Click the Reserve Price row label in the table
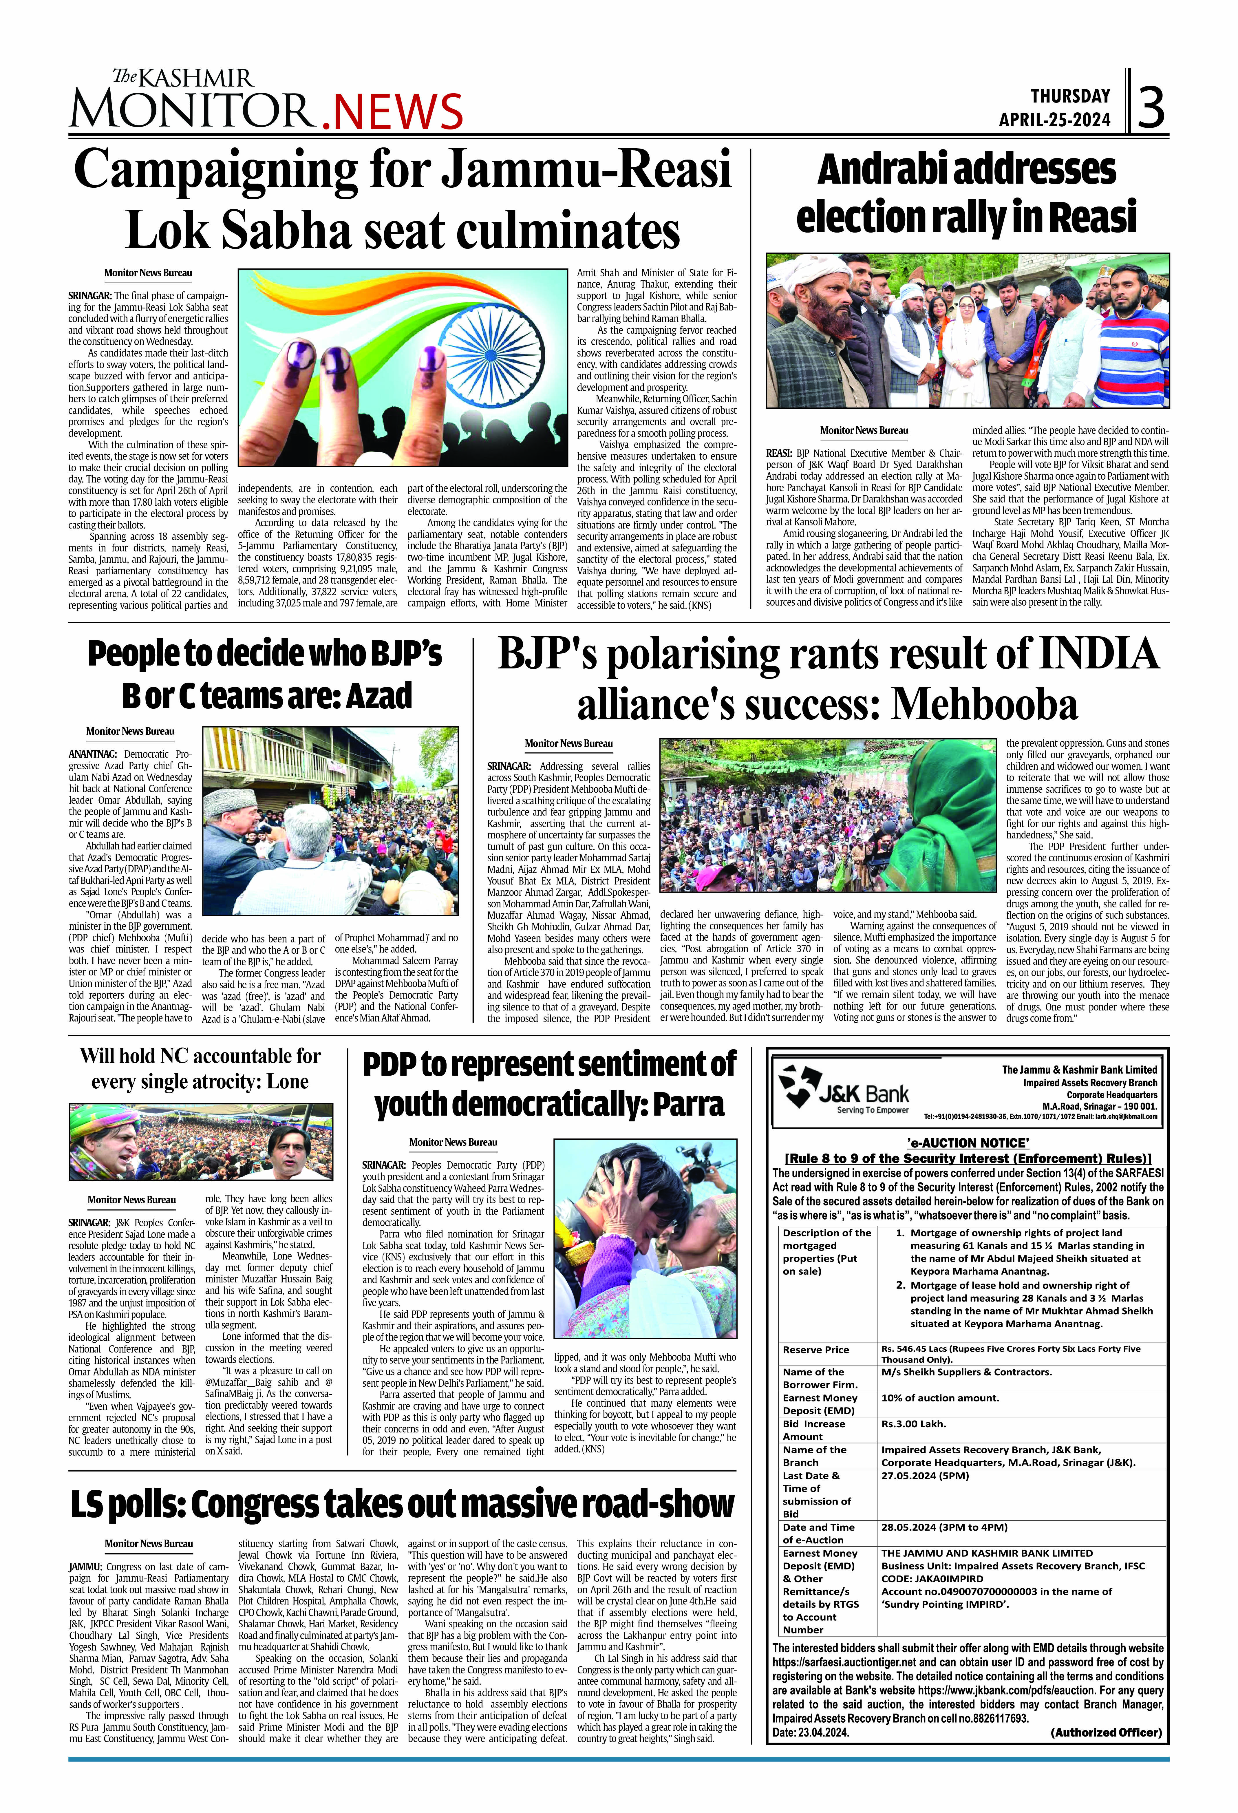tap(816, 1350)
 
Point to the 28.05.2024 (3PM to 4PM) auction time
tap(944, 1527)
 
